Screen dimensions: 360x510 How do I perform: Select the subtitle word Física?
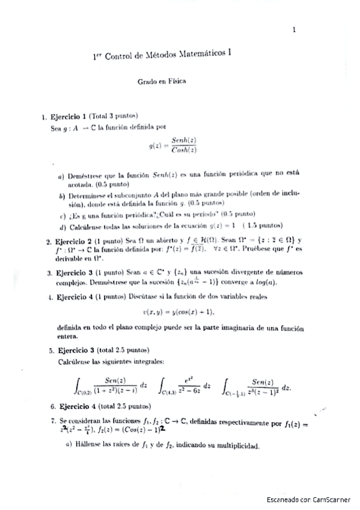coord(175,82)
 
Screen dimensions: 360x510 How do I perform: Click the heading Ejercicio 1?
coord(68,115)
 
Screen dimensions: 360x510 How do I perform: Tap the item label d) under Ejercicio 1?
coord(62,226)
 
